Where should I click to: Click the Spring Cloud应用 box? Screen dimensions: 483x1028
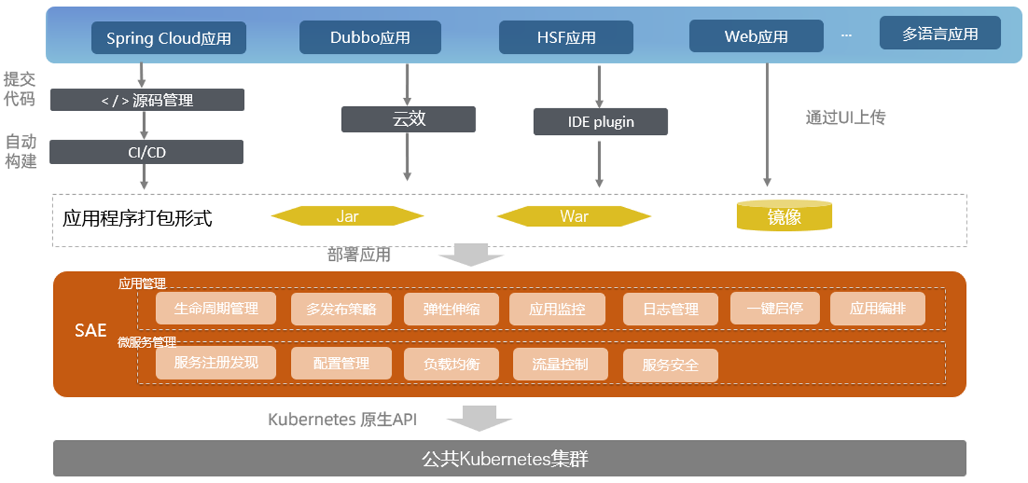coord(168,38)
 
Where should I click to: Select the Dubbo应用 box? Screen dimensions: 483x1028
coord(370,37)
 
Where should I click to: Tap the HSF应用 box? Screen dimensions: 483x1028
coord(565,37)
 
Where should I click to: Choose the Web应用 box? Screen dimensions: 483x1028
coord(756,36)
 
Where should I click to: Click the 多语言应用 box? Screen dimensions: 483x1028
coord(939,33)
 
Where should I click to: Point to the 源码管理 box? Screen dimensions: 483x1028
coord(147,100)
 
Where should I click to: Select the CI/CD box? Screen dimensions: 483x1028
coord(146,152)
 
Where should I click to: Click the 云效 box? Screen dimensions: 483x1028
coord(408,119)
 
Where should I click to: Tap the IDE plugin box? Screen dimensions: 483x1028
coord(600,122)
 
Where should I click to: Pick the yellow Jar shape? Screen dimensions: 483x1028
coord(347,216)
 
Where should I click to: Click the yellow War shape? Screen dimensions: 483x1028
coord(574,216)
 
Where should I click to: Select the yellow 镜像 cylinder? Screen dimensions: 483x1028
coord(784,216)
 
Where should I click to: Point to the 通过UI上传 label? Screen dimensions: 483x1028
coord(845,117)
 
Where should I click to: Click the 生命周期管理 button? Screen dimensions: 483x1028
coord(216,309)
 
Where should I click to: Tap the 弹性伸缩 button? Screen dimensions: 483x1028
coord(451,309)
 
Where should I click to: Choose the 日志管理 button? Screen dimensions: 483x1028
coord(670,309)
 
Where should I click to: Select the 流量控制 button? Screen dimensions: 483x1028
coord(560,364)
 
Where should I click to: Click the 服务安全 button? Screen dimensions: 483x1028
coord(670,365)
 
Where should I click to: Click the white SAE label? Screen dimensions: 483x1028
coord(91,330)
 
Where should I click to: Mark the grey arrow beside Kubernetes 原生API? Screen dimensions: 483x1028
coord(480,418)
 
